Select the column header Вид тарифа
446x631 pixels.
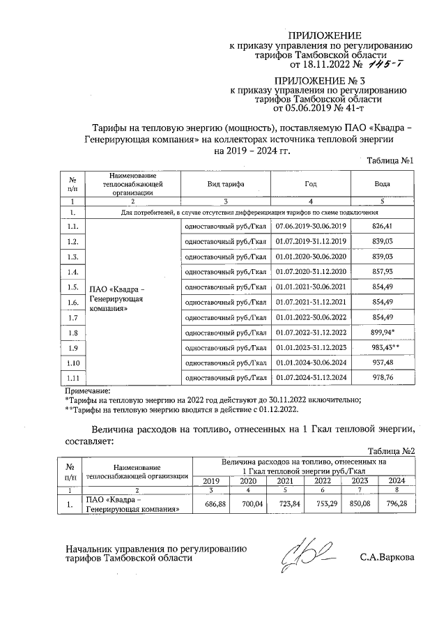pos(224,185)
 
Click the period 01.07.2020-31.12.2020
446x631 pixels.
pos(311,271)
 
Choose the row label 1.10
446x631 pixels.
pos(73,363)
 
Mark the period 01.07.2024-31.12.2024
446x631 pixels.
pos(311,378)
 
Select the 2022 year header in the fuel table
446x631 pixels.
pos(323,480)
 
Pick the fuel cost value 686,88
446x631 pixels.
pos(214,503)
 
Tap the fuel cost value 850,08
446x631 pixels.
pos(360,503)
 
